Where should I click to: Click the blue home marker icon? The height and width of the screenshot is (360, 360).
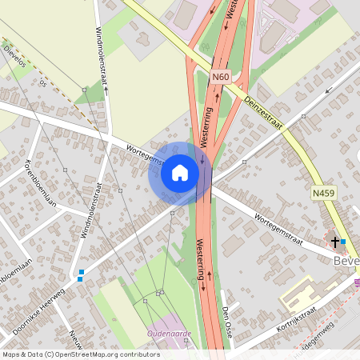tap(180, 173)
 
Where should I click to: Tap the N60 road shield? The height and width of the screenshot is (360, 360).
tap(222, 77)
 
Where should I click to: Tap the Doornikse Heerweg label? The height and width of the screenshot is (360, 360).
tap(37, 310)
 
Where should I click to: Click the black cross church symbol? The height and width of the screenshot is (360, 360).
tap(334, 241)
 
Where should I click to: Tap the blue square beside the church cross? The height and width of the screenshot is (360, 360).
tap(343, 241)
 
